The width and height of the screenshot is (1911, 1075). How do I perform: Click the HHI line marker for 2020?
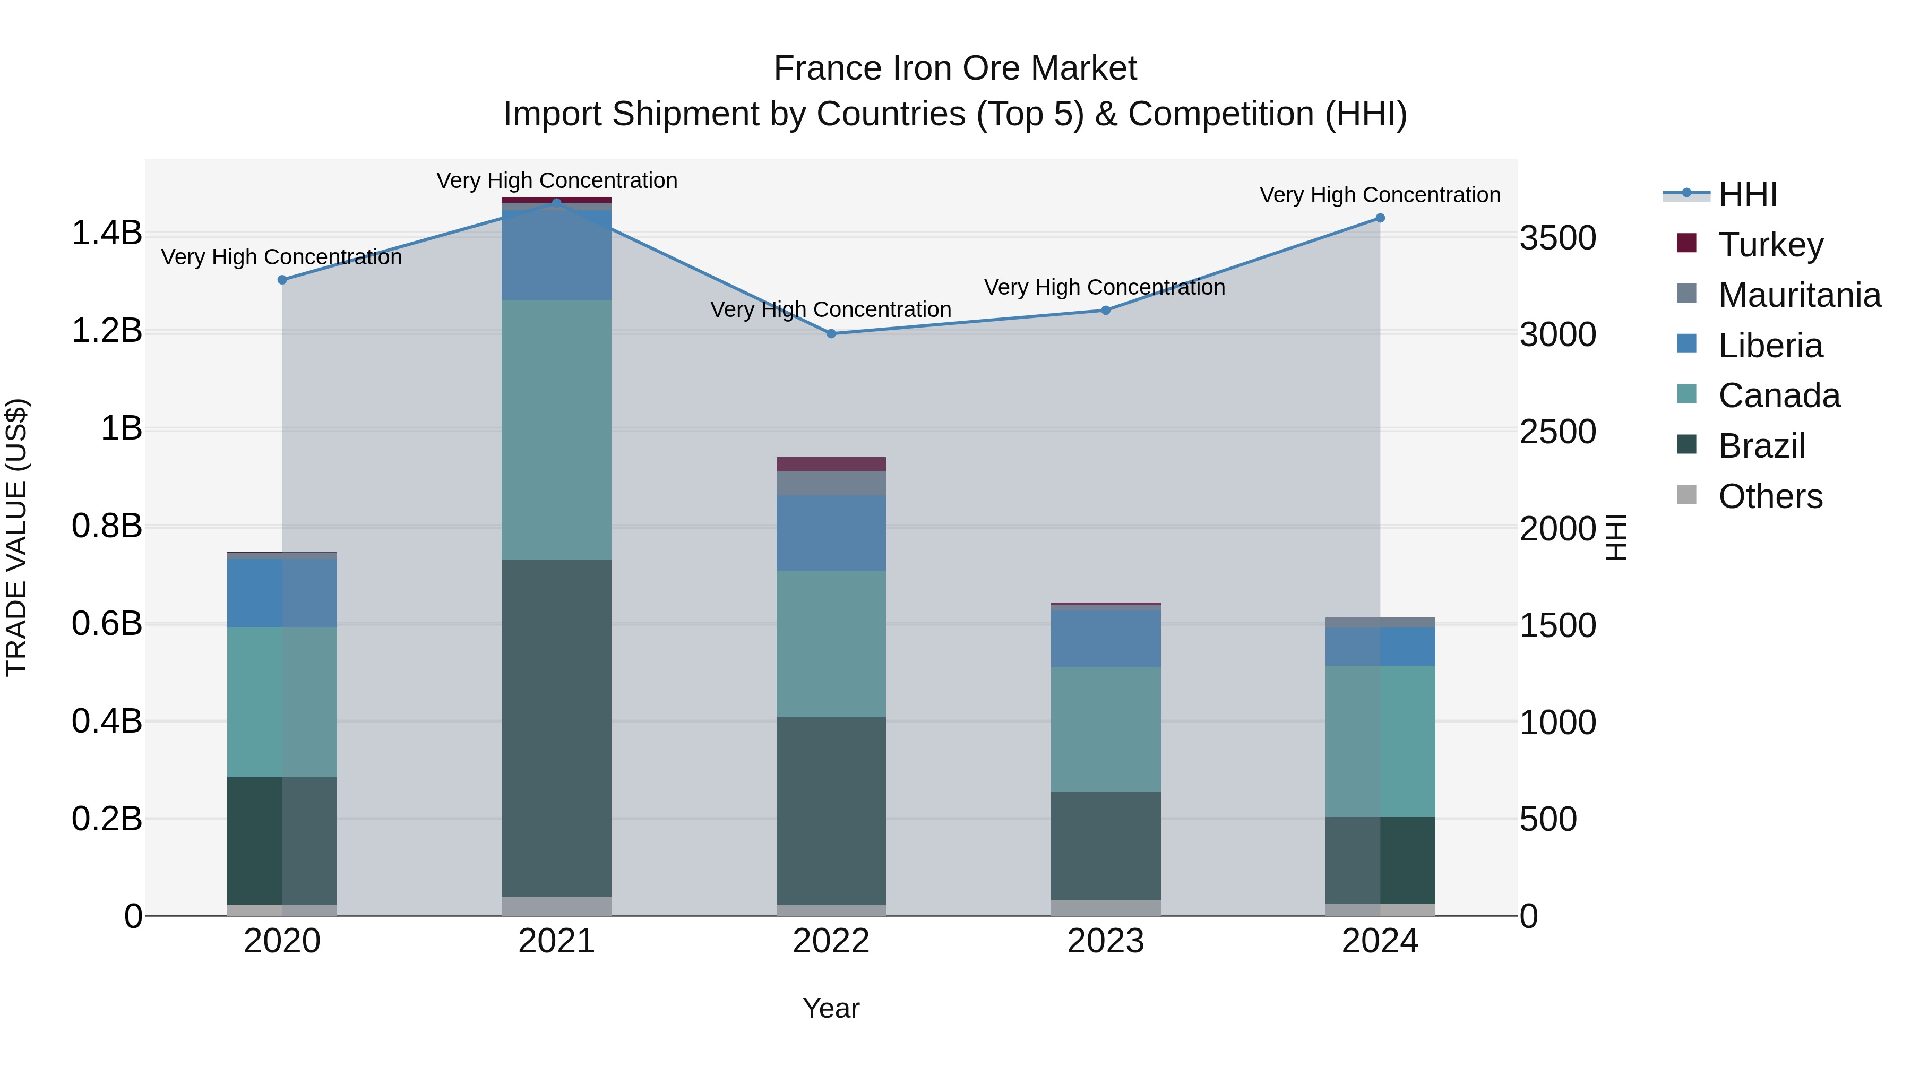pyautogui.click(x=282, y=280)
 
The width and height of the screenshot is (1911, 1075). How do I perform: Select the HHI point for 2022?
pyautogui.click(x=831, y=334)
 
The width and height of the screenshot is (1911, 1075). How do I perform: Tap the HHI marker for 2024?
pyautogui.click(x=1380, y=218)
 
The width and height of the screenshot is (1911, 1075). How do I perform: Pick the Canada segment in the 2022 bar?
pyautogui.click(x=831, y=643)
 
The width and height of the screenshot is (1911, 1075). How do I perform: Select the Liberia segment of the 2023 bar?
pyautogui.click(x=1105, y=638)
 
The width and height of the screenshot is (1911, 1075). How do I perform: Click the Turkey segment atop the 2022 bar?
pyautogui.click(x=831, y=465)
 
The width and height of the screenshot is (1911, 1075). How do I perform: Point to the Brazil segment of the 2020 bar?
pyautogui.click(x=282, y=840)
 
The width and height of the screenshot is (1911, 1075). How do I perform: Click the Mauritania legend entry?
pyautogui.click(x=1799, y=295)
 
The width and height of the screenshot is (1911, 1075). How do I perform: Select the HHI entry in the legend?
pyautogui.click(x=1747, y=194)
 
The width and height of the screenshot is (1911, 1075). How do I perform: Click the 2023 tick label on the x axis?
pyautogui.click(x=1105, y=941)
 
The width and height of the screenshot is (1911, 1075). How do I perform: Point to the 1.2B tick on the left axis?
pyautogui.click(x=106, y=331)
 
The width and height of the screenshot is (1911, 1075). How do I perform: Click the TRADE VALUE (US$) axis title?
pyautogui.click(x=16, y=537)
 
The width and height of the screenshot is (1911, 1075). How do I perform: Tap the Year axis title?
pyautogui.click(x=831, y=1008)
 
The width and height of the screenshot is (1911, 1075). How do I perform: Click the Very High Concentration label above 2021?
pyautogui.click(x=556, y=180)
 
